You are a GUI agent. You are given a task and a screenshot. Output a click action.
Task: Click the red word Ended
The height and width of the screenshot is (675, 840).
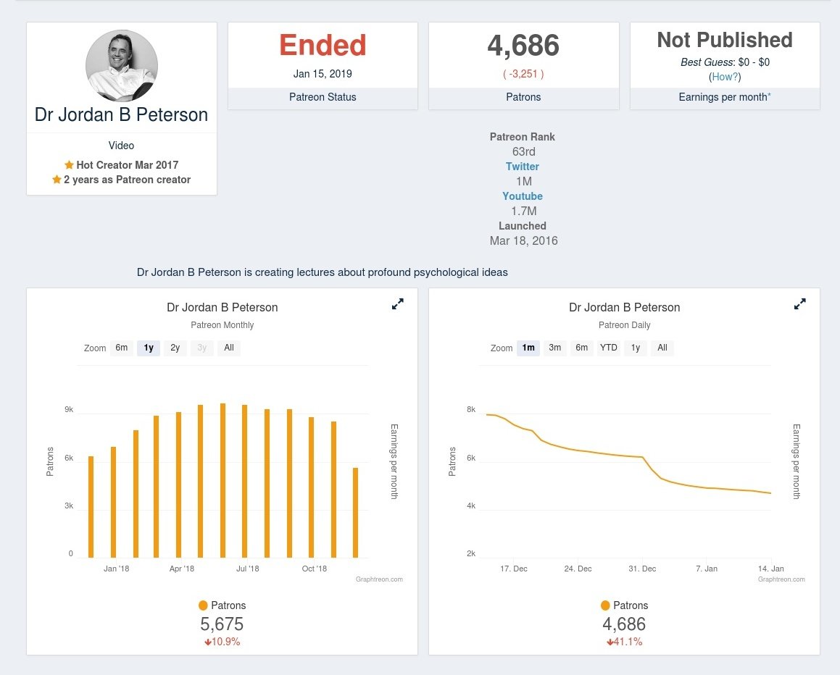tap(323, 46)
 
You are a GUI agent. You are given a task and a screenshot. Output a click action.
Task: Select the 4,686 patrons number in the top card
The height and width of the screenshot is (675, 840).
tap(523, 46)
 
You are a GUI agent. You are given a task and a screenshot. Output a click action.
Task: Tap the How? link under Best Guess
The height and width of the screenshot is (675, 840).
tap(725, 76)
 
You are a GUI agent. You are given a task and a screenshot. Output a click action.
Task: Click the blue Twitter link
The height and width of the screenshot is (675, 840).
tap(523, 167)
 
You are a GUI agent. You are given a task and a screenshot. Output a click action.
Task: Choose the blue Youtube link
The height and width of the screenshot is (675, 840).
tap(523, 196)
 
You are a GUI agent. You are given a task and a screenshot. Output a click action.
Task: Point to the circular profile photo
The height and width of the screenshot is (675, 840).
tap(122, 66)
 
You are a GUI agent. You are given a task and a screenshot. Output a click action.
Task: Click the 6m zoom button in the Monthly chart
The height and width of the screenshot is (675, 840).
tap(121, 348)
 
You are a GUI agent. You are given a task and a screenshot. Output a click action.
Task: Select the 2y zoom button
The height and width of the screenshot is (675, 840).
tap(175, 348)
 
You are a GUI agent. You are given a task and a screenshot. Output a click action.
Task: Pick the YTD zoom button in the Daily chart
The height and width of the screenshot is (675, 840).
tap(609, 348)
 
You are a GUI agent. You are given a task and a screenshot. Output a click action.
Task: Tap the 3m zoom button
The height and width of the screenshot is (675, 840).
tap(555, 348)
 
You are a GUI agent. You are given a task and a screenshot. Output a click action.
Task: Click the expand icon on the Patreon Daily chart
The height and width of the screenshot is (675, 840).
tap(799, 305)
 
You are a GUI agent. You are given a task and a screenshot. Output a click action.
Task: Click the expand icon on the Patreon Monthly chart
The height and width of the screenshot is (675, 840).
tap(397, 305)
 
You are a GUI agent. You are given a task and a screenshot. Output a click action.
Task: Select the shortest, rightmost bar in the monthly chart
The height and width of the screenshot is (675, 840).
tap(355, 512)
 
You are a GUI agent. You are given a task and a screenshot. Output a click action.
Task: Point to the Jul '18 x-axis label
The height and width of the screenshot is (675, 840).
tap(247, 569)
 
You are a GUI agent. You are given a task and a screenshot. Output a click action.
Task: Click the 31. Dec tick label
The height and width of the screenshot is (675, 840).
tap(642, 569)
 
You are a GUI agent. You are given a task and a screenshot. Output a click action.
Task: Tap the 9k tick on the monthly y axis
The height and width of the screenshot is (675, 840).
tap(70, 410)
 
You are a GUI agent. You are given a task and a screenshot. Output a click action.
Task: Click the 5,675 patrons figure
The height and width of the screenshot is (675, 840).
tap(222, 624)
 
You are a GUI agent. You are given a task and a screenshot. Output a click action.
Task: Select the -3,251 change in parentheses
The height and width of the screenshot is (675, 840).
tap(523, 74)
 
